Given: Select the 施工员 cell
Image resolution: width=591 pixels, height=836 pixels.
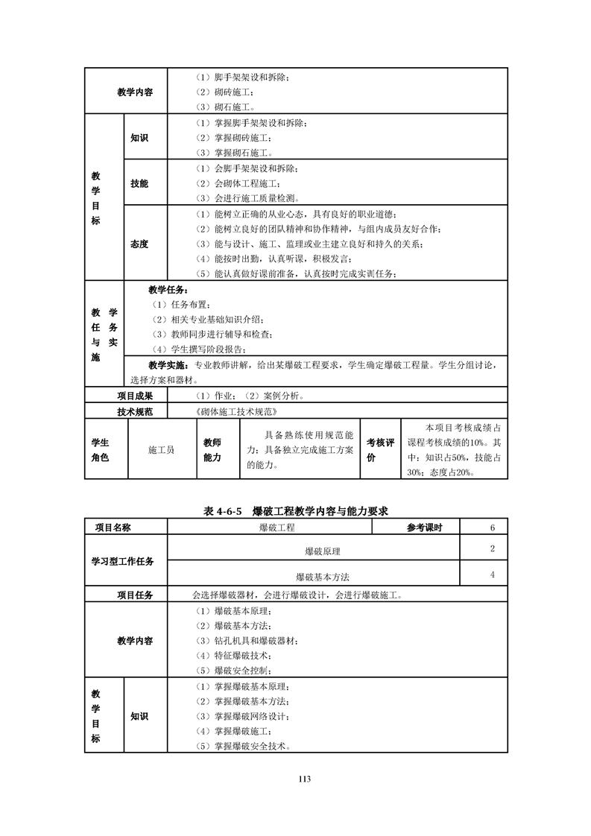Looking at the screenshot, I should [161, 450].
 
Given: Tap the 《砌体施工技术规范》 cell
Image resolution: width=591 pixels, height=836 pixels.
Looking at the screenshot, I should [235, 411].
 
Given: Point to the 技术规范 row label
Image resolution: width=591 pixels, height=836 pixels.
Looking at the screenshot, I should [135, 411].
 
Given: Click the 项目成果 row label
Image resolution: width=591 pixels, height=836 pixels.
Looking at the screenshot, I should [135, 396].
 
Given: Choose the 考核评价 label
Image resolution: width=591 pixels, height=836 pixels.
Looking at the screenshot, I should [380, 450].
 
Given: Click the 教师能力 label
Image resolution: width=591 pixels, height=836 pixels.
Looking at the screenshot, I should [212, 450].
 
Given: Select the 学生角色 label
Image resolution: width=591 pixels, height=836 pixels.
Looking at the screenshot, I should [100, 450].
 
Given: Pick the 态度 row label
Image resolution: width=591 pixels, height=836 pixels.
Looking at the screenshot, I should [139, 244].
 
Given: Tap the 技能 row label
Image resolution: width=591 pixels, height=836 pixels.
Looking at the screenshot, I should [139, 183].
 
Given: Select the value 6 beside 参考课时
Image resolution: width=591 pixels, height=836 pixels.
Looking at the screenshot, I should [493, 528].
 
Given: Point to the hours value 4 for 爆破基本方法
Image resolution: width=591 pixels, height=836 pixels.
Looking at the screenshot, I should [493, 574].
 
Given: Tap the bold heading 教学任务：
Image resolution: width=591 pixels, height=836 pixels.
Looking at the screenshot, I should [168, 291].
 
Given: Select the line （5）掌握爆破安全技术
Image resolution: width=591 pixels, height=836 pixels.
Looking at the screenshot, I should [242, 746].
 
